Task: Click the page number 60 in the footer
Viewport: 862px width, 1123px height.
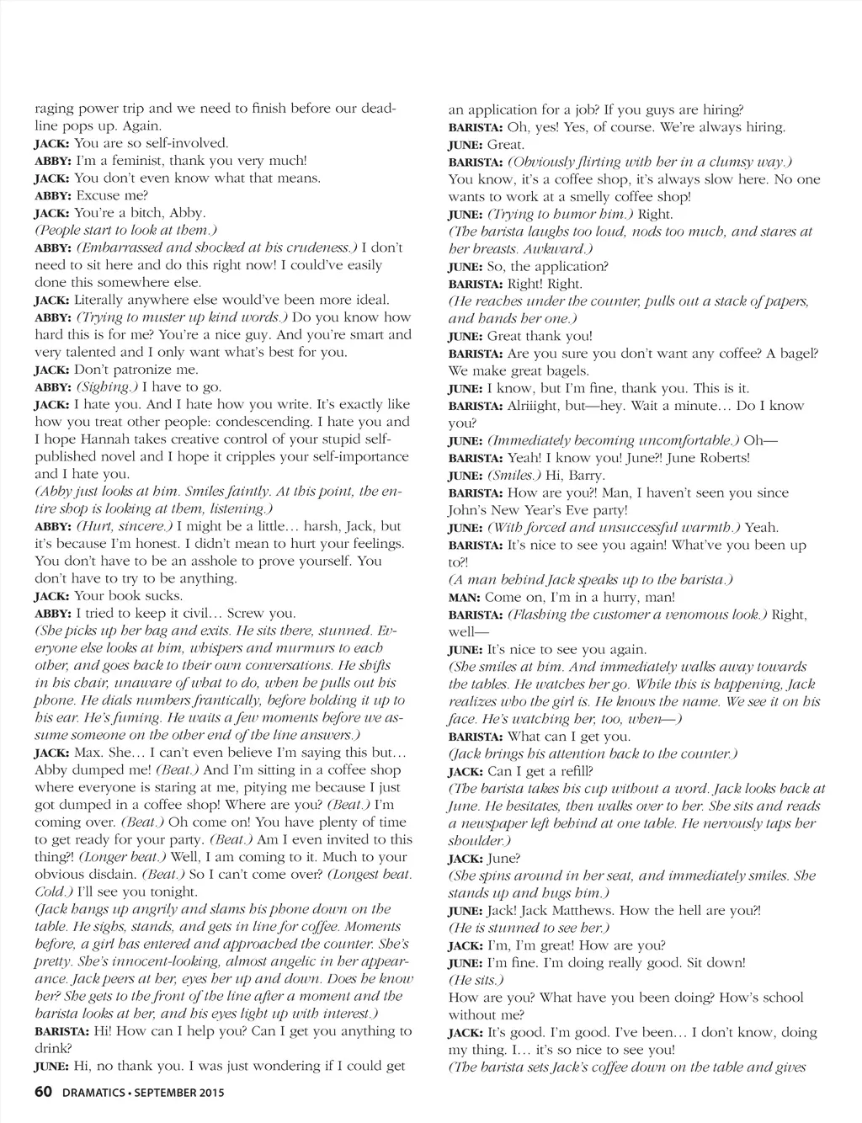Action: (x=44, y=1094)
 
